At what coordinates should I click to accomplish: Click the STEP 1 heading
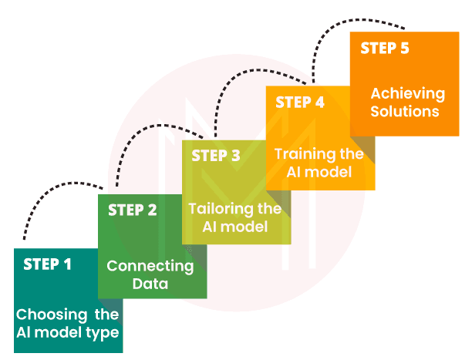[47, 264]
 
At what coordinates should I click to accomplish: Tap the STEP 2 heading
[132, 210]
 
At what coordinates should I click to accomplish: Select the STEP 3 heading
[216, 156]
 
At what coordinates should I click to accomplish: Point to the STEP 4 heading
[299, 102]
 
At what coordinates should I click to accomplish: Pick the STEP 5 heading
[385, 48]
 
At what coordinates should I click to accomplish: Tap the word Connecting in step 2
[150, 267]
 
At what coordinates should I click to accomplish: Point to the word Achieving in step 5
[408, 94]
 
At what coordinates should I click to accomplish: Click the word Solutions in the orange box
[404, 112]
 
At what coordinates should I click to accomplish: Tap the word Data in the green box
[150, 284]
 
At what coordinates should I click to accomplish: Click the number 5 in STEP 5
[404, 48]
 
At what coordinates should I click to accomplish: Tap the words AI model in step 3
[234, 227]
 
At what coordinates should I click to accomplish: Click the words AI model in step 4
[319, 172]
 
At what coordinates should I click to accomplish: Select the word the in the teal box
[107, 315]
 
